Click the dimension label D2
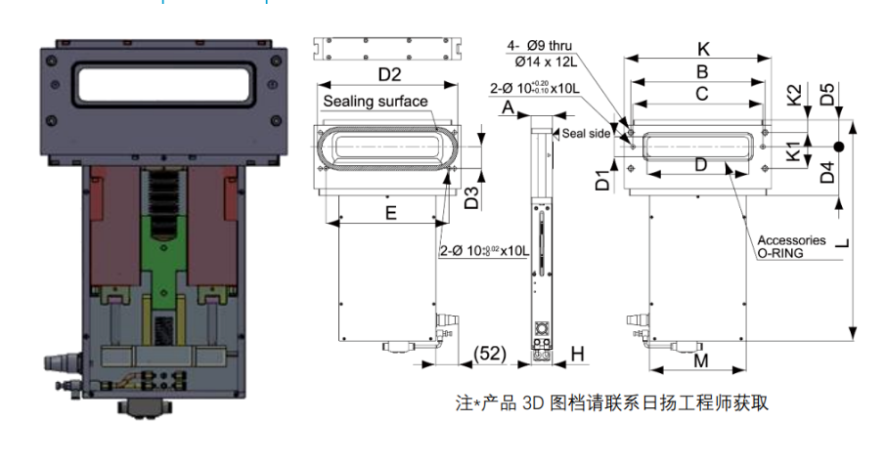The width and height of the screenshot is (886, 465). pos(389,74)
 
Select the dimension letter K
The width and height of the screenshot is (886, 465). pos(702,49)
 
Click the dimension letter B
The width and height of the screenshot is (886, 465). pos(701,71)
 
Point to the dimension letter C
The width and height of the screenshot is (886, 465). pos(701,94)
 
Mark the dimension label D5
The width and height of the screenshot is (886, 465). pos(827,95)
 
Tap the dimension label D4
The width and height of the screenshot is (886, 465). pos(827,174)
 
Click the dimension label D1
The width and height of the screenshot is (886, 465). pos(603,180)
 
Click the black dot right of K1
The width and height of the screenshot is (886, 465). pos(838,148)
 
